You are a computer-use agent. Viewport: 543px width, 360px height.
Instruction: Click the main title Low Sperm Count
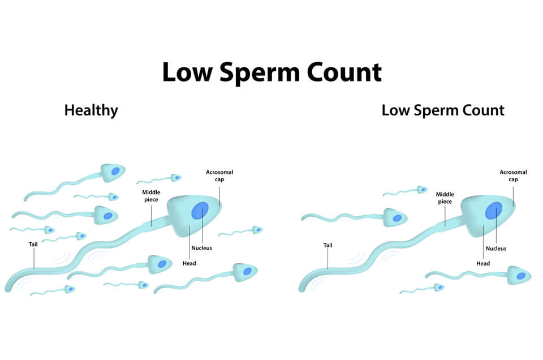coord(272,72)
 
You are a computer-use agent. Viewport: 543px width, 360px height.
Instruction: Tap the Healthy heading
coord(91,110)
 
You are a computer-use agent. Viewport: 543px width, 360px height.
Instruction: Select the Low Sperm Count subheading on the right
coord(443,110)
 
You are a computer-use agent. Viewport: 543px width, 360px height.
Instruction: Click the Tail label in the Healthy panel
coord(33,245)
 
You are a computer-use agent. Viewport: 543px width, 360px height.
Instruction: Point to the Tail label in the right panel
coord(327,245)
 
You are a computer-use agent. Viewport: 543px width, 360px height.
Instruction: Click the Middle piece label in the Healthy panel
coord(151,196)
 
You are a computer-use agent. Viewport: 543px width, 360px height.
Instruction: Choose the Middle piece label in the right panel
coord(445,198)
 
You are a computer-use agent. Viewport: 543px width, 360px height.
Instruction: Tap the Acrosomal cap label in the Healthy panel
coord(219,175)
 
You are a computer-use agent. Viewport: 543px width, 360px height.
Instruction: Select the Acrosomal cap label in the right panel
coord(513,175)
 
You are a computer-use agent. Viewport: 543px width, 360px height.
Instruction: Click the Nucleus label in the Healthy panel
coord(201,248)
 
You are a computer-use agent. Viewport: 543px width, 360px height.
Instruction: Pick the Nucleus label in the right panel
coord(496,248)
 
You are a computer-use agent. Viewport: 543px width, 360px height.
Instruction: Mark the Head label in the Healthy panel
coord(189,263)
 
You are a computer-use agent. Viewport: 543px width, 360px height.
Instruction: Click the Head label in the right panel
coord(482,263)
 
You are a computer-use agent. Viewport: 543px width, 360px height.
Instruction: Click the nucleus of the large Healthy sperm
coord(200,211)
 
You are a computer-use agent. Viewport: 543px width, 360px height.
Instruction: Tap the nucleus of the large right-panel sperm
coord(493,211)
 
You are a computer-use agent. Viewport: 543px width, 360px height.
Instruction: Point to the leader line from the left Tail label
coord(34,259)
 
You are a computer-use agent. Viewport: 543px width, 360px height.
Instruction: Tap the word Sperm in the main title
coord(260,74)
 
